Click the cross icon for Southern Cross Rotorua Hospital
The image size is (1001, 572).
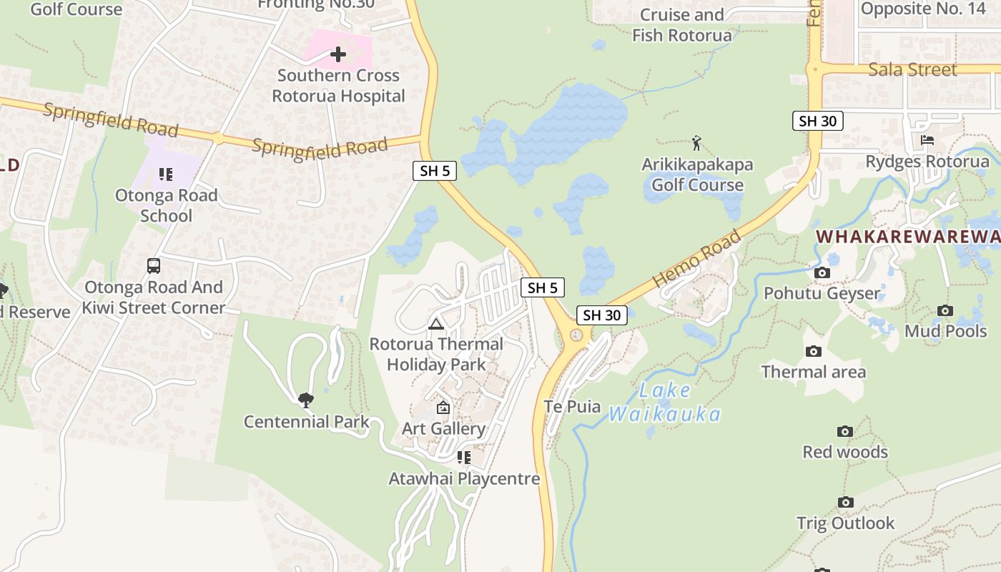[x=338, y=54]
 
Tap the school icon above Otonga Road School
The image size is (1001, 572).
[x=166, y=174]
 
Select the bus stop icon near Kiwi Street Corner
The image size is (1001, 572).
[x=153, y=266]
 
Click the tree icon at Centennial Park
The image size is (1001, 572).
[x=306, y=400]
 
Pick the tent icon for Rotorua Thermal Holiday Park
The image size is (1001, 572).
[x=435, y=324]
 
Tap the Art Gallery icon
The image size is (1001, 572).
[x=443, y=408]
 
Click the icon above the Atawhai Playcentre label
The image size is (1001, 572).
[x=463, y=458]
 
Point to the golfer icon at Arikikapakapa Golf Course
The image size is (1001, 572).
[x=696, y=143]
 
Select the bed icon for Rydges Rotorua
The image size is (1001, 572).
[x=927, y=140]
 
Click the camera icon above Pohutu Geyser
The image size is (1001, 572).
[x=822, y=272]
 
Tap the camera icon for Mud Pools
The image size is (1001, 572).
[x=945, y=310]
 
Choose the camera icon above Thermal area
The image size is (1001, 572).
[x=813, y=351]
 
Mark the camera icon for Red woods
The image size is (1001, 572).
[x=845, y=431]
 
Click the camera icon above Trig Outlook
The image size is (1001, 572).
[x=846, y=502]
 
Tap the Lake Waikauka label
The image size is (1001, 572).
[x=664, y=403]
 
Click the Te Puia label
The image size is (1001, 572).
[x=573, y=407]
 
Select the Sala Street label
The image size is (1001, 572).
[x=912, y=69]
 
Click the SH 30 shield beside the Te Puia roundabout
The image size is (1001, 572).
[x=602, y=315]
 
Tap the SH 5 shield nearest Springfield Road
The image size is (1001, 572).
[x=435, y=171]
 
